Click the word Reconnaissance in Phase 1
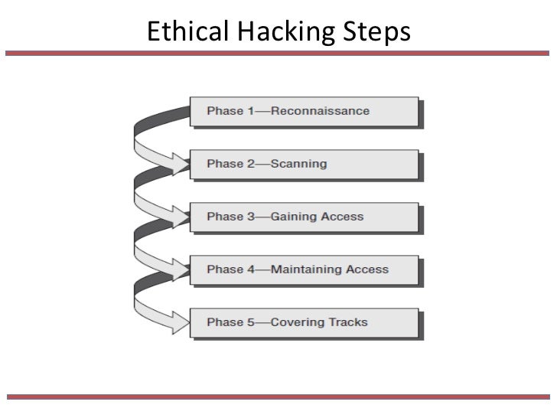tap(320, 111)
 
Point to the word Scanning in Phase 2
tap(299, 164)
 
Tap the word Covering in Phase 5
tap(296, 322)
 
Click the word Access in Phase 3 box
tap(343, 217)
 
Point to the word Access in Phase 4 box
tap(367, 269)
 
